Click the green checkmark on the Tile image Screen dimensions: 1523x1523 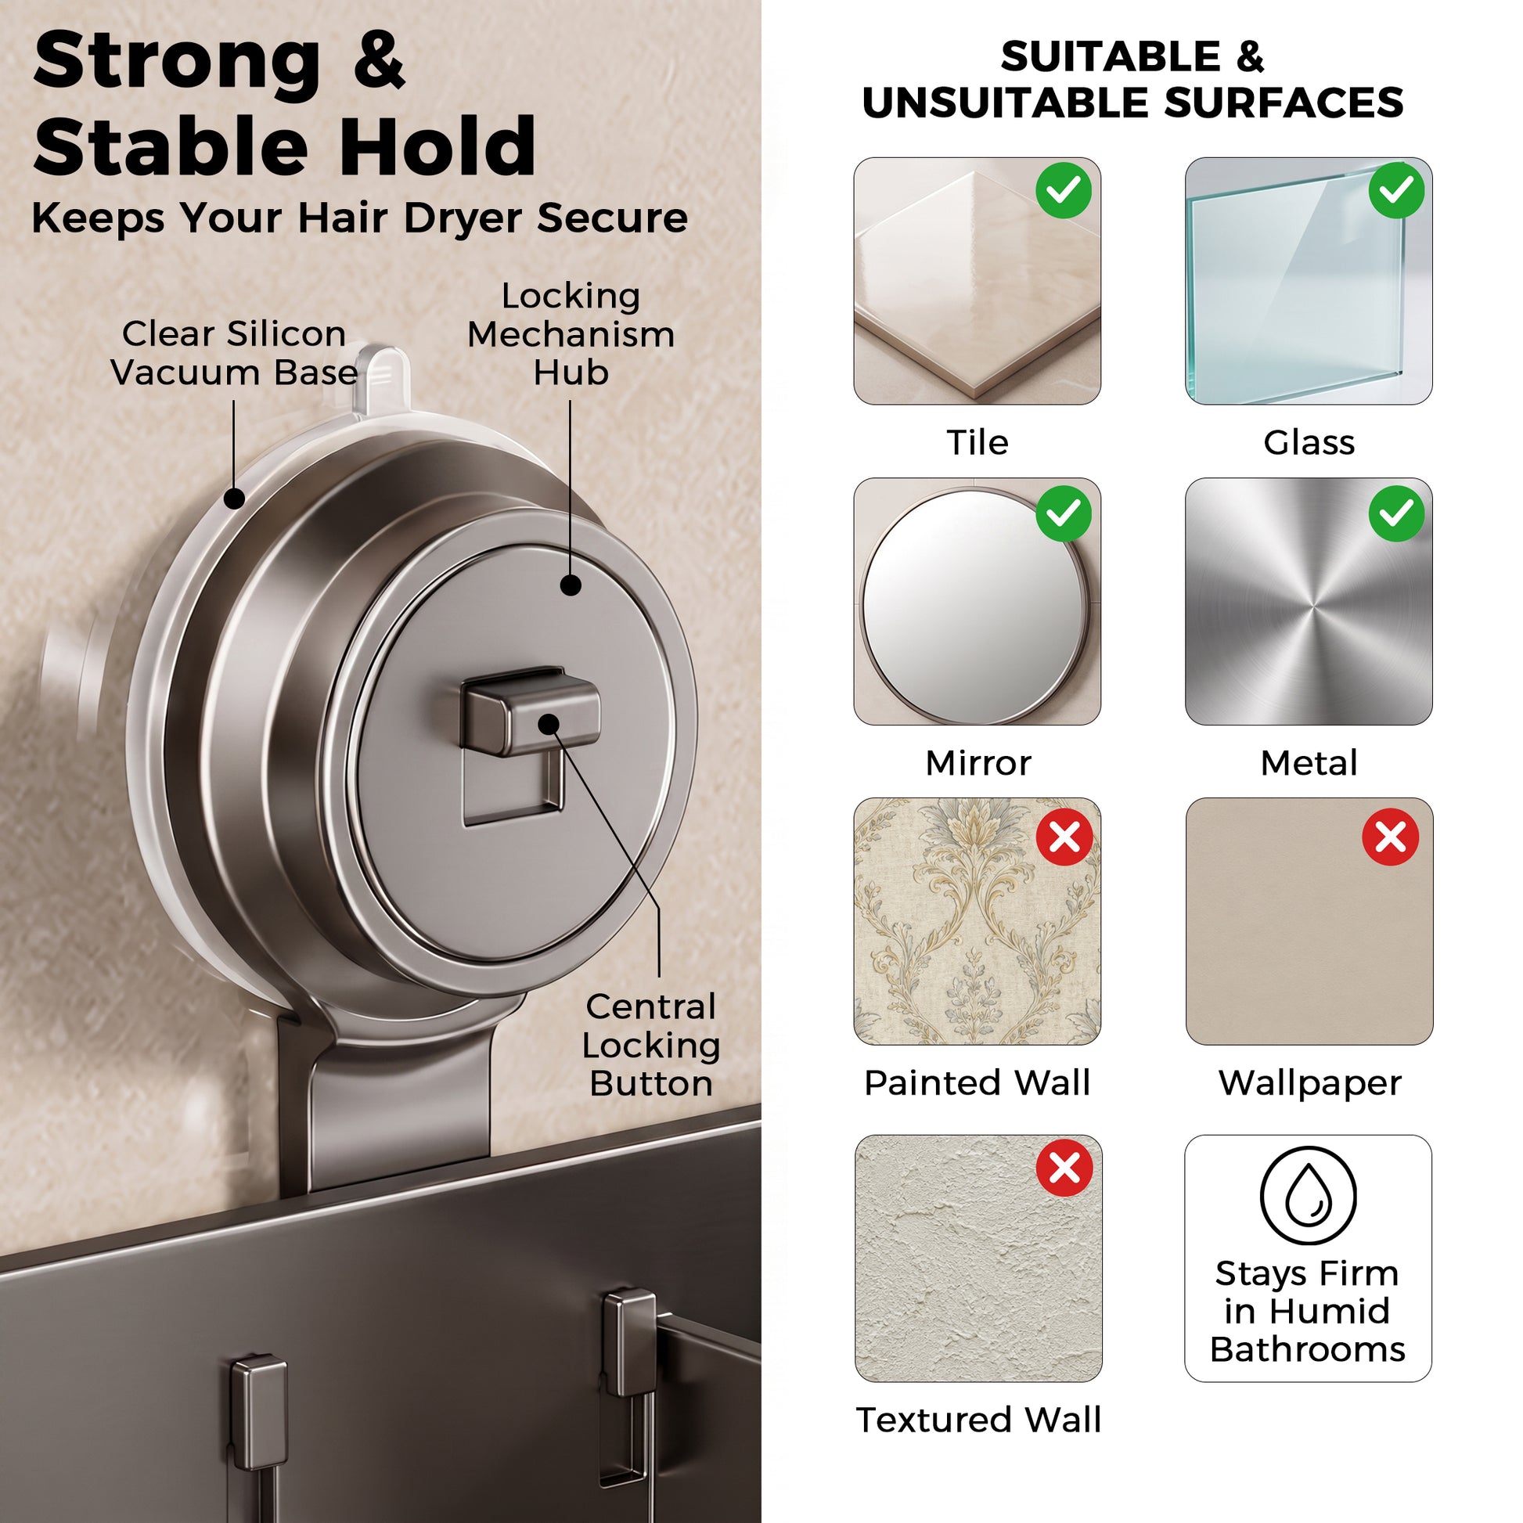[x=1064, y=190]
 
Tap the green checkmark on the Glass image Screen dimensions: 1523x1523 [x=1396, y=190]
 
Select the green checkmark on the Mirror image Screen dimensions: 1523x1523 [x=1064, y=514]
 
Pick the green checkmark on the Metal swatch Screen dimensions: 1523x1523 [x=1396, y=514]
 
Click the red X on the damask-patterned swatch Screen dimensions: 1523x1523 [x=1064, y=837]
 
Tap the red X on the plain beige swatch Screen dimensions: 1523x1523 [x=1391, y=837]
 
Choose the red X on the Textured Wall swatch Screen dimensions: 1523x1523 [x=1064, y=1168]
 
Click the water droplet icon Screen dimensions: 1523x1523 [x=1308, y=1196]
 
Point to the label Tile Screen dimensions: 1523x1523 [x=978, y=442]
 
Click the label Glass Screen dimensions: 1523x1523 [x=1309, y=442]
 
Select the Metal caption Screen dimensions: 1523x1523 [x=1309, y=762]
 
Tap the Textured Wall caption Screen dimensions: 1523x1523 [x=978, y=1420]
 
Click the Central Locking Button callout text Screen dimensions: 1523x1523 [x=651, y=1046]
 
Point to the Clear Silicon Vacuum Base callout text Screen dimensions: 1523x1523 [x=234, y=353]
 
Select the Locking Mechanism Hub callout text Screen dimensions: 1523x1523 [x=571, y=334]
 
